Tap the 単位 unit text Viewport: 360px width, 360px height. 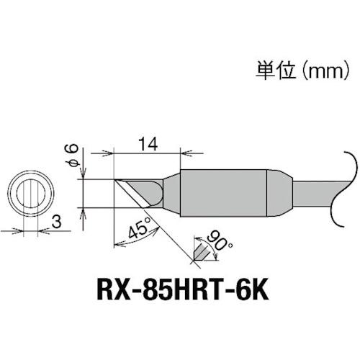tap(270, 71)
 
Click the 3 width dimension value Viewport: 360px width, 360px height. tap(55, 226)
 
